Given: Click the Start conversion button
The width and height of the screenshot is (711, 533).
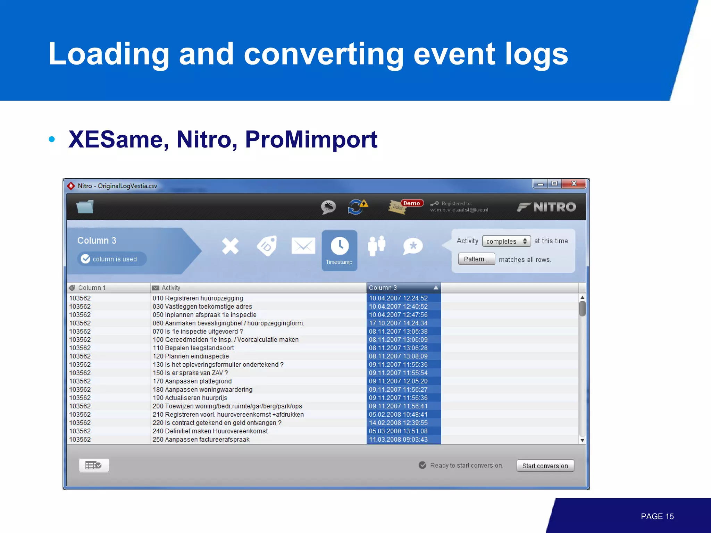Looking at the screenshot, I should point(545,466).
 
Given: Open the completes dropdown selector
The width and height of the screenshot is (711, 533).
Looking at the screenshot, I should point(506,241).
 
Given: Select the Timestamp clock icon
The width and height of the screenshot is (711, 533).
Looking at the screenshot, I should point(339,246).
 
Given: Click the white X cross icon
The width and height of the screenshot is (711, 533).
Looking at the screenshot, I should point(230,246).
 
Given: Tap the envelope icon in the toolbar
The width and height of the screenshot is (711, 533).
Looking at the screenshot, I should point(303,246).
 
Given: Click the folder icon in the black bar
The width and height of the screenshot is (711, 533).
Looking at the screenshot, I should point(85,207).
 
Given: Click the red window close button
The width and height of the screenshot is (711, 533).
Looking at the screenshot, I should point(574,184).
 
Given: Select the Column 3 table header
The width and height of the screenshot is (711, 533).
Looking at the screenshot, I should point(403,288).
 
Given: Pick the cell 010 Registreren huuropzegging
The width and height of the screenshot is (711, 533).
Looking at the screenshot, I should point(198,298).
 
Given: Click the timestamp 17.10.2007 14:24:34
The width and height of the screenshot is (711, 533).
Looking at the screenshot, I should point(398,323).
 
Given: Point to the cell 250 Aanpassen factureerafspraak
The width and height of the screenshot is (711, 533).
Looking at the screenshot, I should point(201,439).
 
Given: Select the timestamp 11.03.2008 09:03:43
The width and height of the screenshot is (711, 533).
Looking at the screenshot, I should point(398,439).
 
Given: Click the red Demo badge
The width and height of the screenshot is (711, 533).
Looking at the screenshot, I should point(411,203).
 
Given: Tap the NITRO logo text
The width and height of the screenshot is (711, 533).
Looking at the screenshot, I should point(554,207).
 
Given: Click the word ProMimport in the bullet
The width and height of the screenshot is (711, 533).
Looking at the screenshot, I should point(311,139).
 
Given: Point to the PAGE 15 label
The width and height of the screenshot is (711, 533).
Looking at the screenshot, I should point(657,516).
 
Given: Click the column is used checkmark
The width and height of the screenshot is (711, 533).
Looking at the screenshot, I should point(86,259).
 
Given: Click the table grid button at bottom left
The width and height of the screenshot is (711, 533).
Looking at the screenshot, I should point(94,465).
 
